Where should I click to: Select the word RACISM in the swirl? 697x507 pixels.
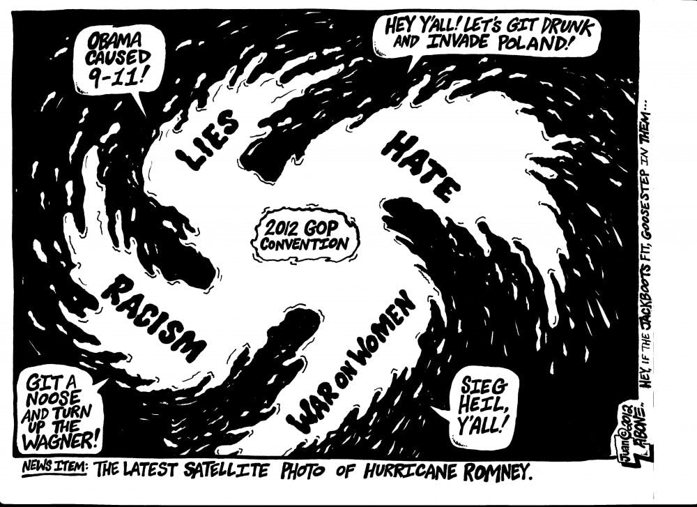click(x=155, y=318)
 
